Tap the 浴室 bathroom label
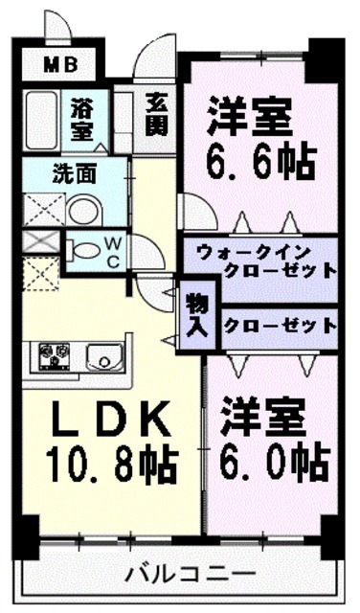point(82,120)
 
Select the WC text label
point(112,252)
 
